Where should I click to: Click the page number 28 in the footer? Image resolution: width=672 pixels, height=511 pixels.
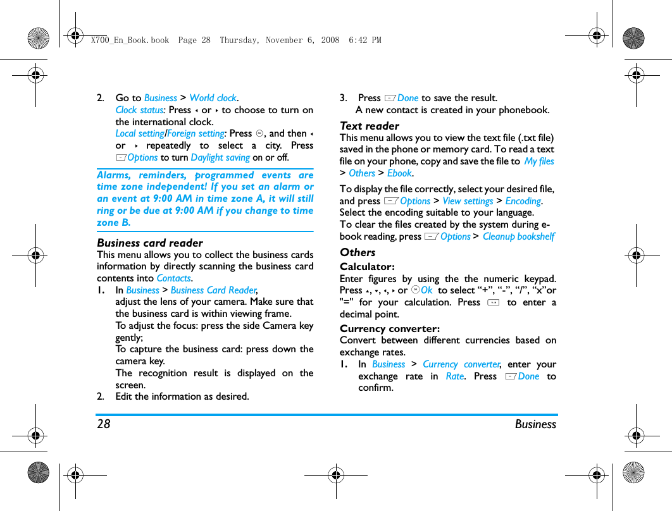tap(103, 424)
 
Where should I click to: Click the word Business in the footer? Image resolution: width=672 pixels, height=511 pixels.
tap(535, 424)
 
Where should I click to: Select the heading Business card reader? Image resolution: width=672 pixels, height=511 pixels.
tap(149, 243)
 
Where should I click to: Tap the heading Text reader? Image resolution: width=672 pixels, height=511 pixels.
tap(370, 126)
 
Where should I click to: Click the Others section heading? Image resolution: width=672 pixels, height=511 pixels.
tap(358, 252)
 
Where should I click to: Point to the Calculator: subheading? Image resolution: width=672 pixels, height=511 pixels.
tap(367, 267)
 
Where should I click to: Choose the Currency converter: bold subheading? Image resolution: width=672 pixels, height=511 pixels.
tap(389, 328)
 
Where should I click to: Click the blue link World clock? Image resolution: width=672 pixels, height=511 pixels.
tap(213, 98)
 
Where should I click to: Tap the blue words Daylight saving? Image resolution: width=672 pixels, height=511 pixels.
tap(220, 157)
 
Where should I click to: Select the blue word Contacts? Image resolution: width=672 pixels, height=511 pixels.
tap(173, 278)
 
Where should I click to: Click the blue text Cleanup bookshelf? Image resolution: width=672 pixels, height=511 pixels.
tap(518, 237)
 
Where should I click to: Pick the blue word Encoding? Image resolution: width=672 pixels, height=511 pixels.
tap(523, 201)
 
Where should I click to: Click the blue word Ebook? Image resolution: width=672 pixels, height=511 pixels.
tap(399, 173)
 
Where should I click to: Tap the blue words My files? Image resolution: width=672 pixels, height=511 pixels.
tap(539, 161)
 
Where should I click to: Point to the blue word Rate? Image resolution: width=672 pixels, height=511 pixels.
tap(454, 376)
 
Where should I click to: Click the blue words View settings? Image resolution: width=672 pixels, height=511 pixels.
tap(468, 201)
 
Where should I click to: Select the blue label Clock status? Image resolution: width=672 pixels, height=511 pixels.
tap(140, 110)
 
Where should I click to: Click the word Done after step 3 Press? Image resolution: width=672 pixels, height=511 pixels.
tap(408, 98)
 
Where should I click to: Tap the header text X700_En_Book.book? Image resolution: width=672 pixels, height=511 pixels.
tap(130, 40)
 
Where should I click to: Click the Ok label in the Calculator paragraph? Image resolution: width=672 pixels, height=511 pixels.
tap(426, 290)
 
